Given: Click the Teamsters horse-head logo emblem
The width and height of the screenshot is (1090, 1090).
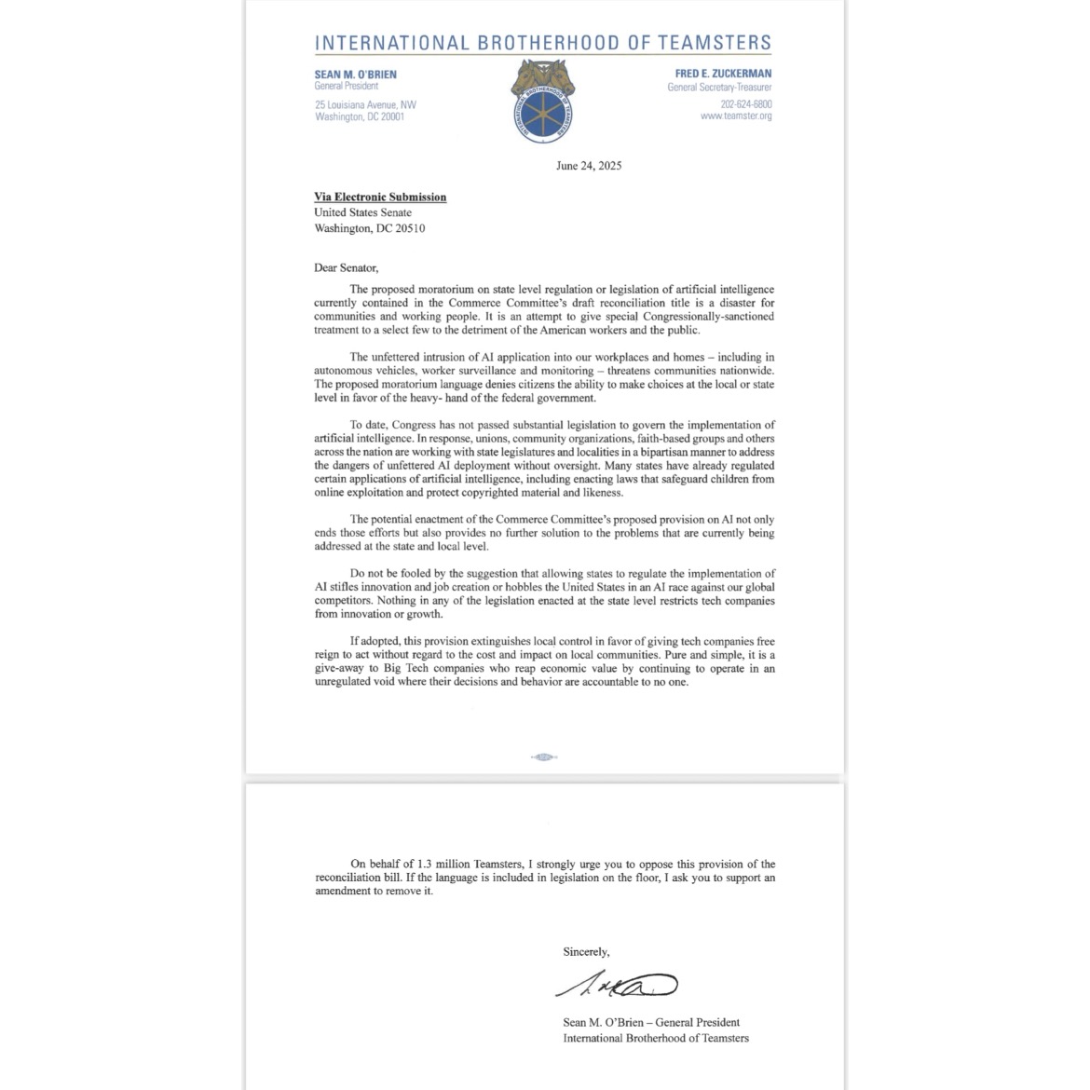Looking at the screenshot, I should (x=542, y=101).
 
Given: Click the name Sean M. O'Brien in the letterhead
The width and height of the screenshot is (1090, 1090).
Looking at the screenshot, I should (x=356, y=74).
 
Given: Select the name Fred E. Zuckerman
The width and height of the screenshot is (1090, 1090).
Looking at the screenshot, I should (x=723, y=74).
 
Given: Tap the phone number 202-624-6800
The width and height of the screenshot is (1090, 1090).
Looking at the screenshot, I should (x=745, y=104).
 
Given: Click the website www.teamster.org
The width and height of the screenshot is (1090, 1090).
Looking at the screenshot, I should (x=736, y=116).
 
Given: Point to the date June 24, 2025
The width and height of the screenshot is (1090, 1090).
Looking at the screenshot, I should (x=589, y=166).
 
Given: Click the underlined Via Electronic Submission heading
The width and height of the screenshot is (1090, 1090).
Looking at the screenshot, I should (x=380, y=198).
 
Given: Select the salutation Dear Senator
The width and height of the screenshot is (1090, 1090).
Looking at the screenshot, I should (x=347, y=268).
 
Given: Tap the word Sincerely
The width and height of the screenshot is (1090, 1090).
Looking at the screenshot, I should (x=586, y=952).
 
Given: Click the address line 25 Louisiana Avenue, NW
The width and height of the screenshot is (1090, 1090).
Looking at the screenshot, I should (x=365, y=104).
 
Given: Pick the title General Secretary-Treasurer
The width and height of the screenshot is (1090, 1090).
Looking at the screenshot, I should (x=719, y=88).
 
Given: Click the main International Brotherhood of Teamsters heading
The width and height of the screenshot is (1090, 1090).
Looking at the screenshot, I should (x=543, y=43).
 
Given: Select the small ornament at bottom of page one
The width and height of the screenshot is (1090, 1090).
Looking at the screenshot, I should (x=544, y=756).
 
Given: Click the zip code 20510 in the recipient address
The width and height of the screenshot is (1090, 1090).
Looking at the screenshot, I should (x=409, y=228).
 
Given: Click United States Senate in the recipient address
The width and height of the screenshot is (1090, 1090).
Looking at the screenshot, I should (x=362, y=212).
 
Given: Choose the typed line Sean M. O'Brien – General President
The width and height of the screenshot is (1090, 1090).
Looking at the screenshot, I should (x=651, y=1022).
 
